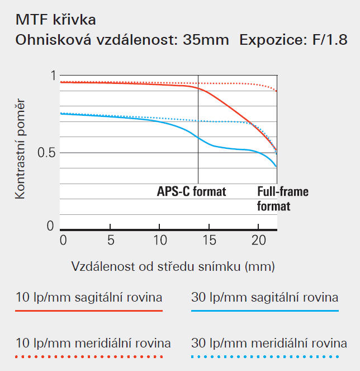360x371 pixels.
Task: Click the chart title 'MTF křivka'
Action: click(55, 20)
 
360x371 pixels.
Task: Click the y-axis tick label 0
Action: click(50, 226)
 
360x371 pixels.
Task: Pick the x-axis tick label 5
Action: click(111, 241)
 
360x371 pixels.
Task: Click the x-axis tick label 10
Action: click(159, 241)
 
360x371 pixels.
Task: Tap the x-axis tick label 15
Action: click(208, 241)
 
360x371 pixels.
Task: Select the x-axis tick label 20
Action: click(258, 241)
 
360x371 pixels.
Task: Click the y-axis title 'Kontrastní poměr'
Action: click(21, 150)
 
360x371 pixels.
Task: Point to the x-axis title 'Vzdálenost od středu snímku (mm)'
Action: click(173, 265)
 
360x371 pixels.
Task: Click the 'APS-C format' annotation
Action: click(191, 192)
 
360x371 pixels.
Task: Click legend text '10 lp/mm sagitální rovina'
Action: click(88, 297)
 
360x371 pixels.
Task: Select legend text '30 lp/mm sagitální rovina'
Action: click(264, 297)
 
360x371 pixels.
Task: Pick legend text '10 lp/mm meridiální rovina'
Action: click(93, 342)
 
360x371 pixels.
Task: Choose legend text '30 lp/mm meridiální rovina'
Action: click(269, 342)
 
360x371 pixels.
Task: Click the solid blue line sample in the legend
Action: click(265, 311)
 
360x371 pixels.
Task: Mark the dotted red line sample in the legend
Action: click(88, 356)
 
